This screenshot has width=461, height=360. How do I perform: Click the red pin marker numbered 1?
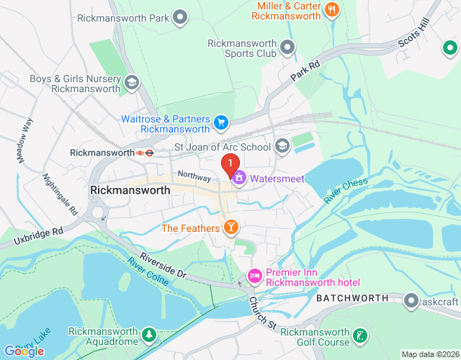230,165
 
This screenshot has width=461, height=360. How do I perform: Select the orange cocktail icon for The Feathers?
230,228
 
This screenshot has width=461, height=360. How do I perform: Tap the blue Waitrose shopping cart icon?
222,124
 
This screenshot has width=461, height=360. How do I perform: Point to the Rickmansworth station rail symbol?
146,152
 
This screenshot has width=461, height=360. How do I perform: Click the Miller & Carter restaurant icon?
331,10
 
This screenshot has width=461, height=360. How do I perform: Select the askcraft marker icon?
411,298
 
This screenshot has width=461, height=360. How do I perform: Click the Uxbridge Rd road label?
32,237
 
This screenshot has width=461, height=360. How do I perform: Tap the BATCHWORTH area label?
351,298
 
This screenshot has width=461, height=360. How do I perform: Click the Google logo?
23,351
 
